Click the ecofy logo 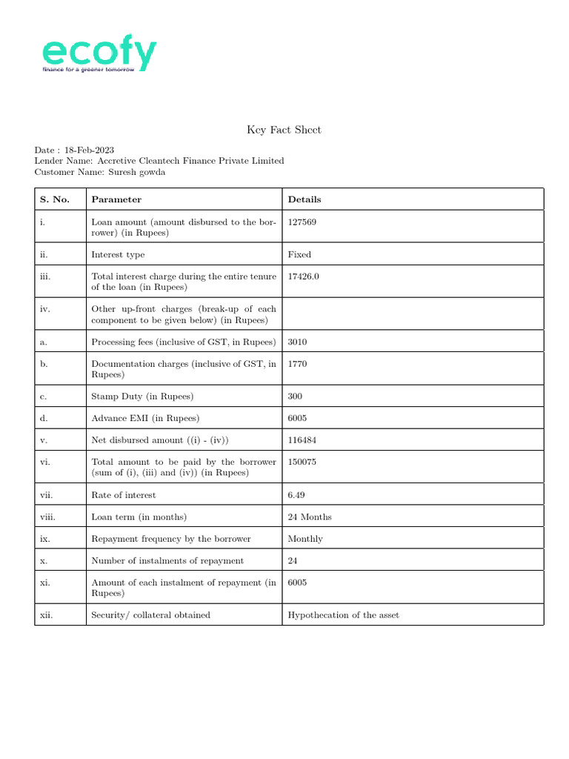pos(99,56)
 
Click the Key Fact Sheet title pos(284,130)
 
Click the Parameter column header pos(116,199)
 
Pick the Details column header pos(305,199)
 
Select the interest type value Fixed pos(299,254)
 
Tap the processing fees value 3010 pos(297,342)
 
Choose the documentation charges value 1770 pos(297,364)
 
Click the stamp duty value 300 pos(295,397)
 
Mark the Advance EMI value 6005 pos(297,418)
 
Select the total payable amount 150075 pos(302,462)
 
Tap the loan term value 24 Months pos(310,517)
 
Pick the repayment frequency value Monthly pos(305,539)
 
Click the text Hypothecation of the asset pos(343,614)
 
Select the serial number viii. pos(47,517)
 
